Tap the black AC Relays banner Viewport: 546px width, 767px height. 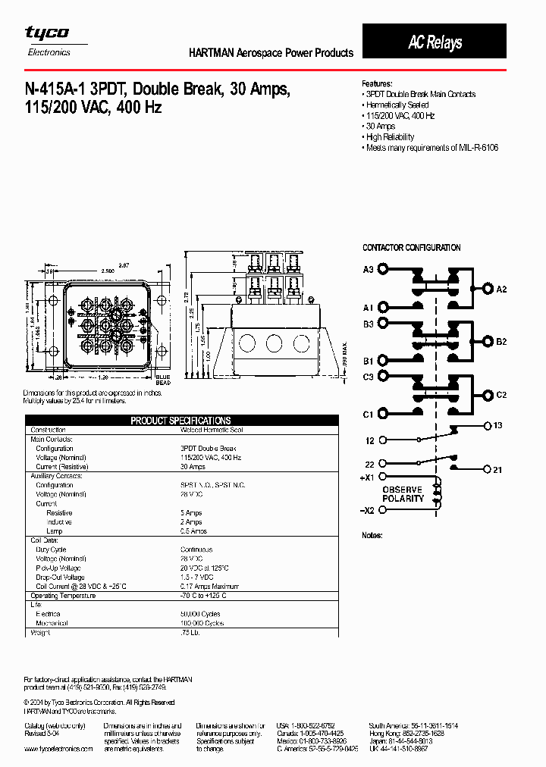435,42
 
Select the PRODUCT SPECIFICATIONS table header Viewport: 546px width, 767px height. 180,420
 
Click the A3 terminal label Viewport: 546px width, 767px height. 369,269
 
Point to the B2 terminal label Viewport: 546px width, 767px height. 501,342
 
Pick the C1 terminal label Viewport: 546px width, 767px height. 369,415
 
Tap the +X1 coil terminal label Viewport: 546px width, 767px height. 368,478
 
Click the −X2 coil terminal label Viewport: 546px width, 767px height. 367,510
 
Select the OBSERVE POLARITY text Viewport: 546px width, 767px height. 403,494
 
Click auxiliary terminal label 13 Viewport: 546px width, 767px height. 497,425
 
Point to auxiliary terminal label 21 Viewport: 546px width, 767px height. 497,470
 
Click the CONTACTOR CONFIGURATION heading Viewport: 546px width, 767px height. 411,248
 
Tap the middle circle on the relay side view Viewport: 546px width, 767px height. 274,343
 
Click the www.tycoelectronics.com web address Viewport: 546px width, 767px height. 58,748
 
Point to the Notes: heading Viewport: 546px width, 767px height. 373,535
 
